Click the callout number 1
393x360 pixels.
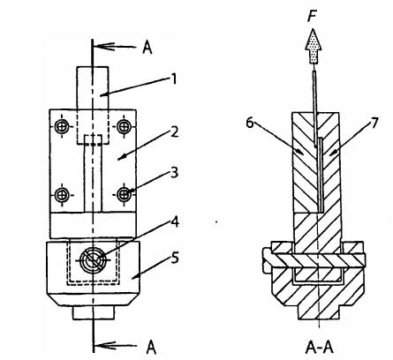click(174, 79)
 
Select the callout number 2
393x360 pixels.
click(175, 131)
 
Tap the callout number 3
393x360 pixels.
click(175, 172)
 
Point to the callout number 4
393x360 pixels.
click(175, 222)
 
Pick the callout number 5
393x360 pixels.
click(175, 258)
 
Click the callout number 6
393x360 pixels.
click(250, 123)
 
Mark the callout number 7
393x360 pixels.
click(374, 123)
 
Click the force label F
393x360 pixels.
click(312, 16)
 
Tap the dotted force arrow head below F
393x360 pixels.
click(314, 46)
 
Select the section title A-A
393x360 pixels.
click(320, 348)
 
